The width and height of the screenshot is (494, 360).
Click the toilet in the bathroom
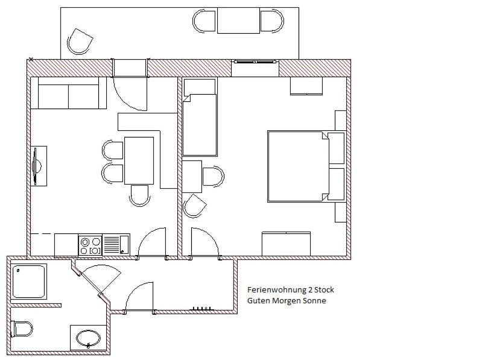pos(22,329)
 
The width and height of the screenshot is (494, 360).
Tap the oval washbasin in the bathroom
pos(88,338)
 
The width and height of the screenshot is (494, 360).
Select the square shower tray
pos(30,281)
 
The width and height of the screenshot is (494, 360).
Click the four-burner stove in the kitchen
pos(90,245)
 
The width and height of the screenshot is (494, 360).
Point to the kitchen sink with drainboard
pos(116,245)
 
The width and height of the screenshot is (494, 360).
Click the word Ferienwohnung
pos(273,290)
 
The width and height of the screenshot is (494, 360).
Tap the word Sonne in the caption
pos(314,300)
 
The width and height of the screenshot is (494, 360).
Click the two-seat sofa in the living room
pos(68,93)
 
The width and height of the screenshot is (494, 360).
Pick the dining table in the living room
pos(139,160)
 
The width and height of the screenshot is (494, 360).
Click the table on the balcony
pos(238,21)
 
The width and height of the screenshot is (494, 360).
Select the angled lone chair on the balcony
pos(80,42)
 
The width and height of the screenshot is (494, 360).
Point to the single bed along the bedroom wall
pos(200,117)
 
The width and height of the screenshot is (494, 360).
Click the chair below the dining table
pos(139,195)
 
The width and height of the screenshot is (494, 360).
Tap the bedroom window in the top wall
pos(255,62)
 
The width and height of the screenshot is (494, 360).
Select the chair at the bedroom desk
pos(214,176)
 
